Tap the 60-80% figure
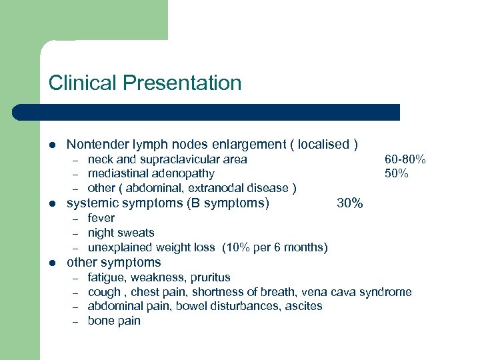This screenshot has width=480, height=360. click(405, 159)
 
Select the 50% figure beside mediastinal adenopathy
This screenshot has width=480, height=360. click(397, 173)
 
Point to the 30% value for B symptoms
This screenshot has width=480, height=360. click(350, 203)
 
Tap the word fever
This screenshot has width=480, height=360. click(101, 218)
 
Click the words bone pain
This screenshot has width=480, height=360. click(114, 321)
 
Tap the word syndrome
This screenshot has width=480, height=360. click(385, 291)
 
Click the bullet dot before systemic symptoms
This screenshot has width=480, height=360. click(52, 203)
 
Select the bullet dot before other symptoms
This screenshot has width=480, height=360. click(52, 263)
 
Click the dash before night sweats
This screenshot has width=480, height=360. click(76, 233)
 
